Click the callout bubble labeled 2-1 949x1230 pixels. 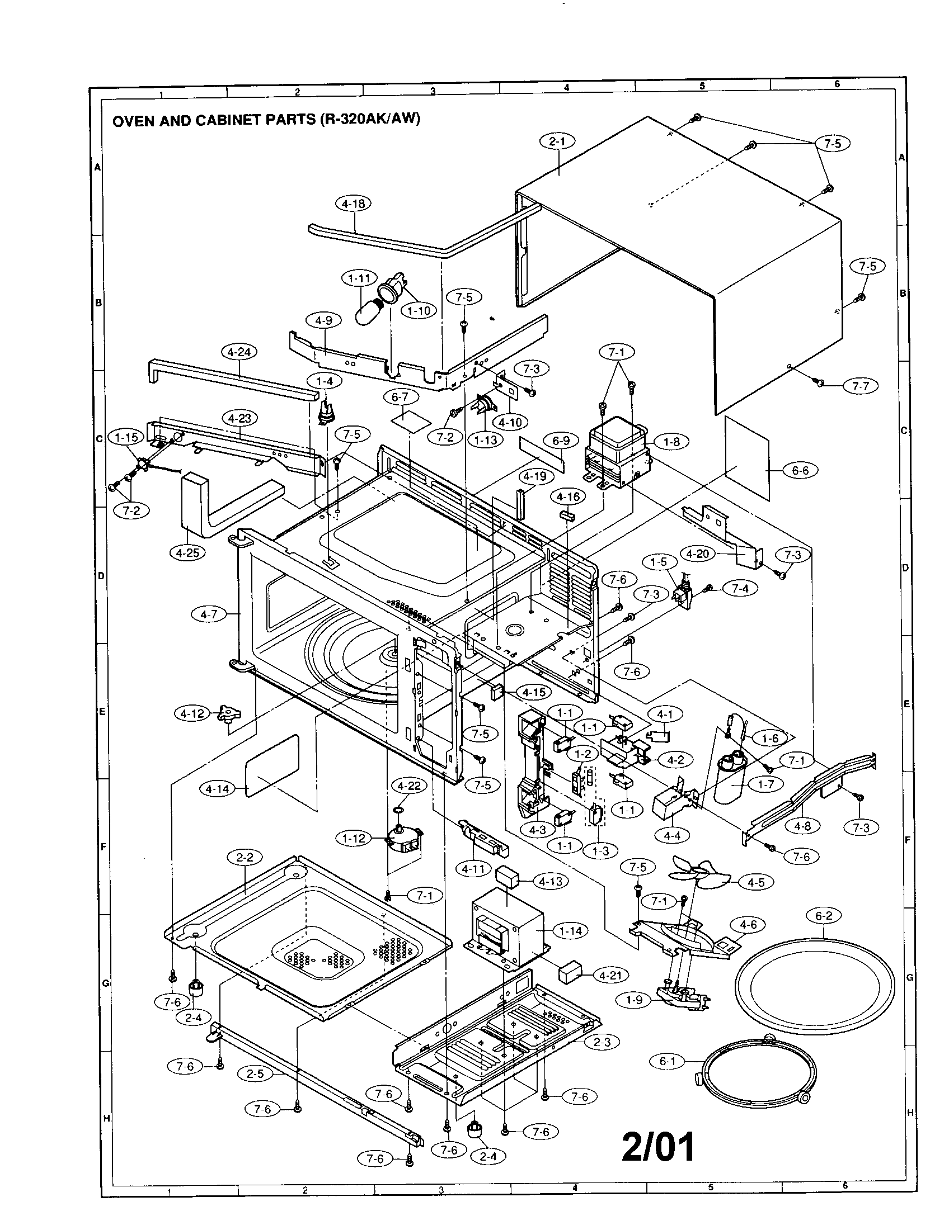(557, 142)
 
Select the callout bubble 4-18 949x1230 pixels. (353, 204)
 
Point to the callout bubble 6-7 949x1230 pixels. (400, 397)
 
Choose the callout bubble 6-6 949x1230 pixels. (800, 471)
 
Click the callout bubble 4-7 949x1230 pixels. (209, 614)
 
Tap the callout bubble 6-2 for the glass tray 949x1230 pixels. (823, 916)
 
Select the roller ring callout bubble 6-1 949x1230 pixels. (667, 1062)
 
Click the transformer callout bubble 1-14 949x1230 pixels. (571, 931)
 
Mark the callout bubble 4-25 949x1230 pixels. (187, 553)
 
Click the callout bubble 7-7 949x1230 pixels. (861, 386)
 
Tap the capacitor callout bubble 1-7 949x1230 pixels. (766, 784)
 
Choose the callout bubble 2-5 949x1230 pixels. (255, 1074)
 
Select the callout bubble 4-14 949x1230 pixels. (218, 789)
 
